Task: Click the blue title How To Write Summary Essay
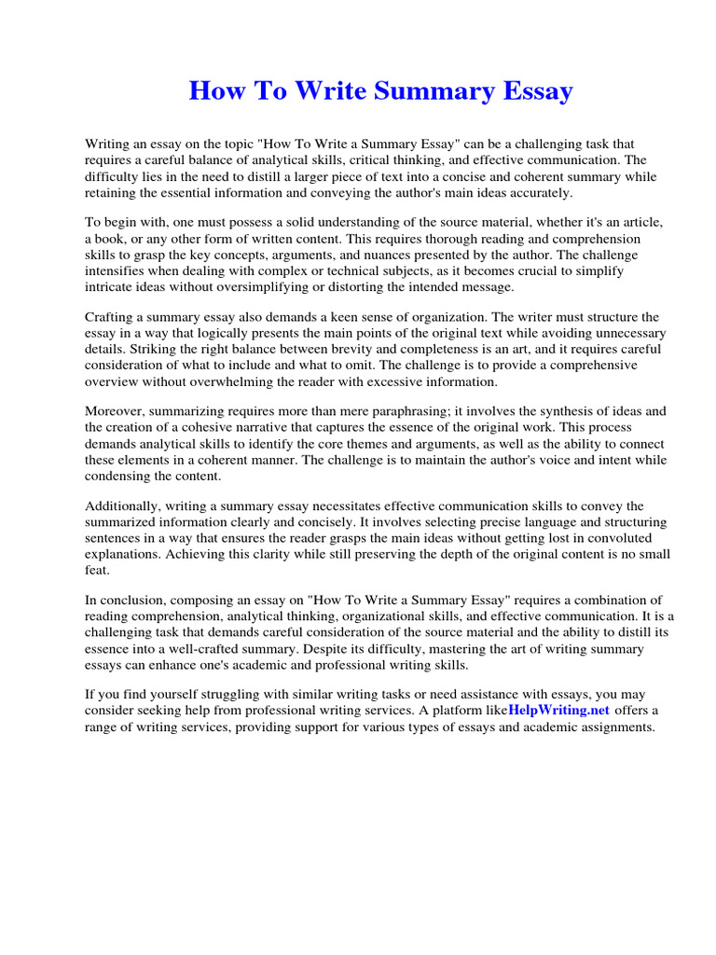pos(380,91)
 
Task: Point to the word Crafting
pos(112,317)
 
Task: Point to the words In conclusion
pos(126,601)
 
